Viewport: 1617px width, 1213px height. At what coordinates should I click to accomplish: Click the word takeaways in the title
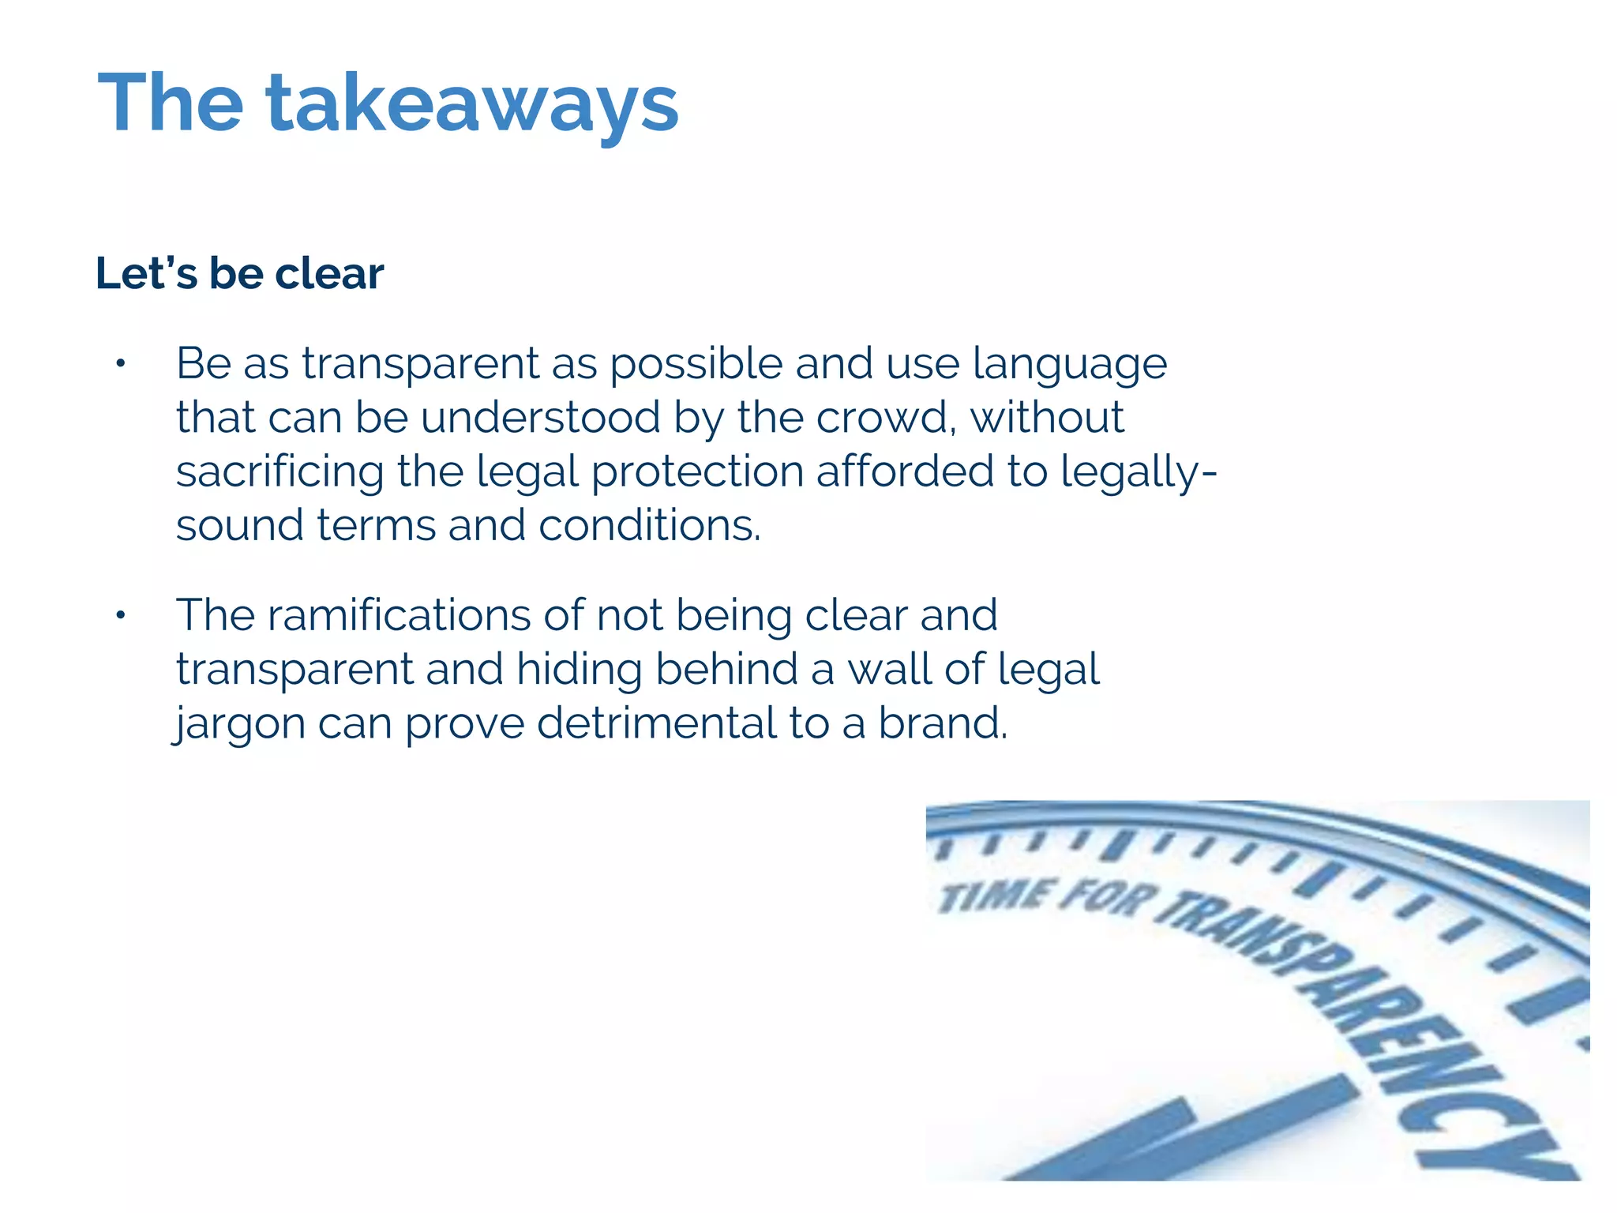click(x=472, y=105)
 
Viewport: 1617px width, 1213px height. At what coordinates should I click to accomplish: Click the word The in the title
click(x=171, y=103)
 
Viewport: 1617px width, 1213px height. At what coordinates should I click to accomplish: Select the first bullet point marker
click(x=120, y=364)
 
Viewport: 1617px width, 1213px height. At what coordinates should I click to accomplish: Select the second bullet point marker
click(x=120, y=615)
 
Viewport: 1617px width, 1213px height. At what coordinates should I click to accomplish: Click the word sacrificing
click(x=280, y=472)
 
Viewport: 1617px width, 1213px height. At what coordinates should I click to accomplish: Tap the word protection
click(x=697, y=472)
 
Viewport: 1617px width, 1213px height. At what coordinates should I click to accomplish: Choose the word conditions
click(x=649, y=525)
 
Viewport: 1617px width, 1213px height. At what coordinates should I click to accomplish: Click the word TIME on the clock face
click(x=995, y=896)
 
